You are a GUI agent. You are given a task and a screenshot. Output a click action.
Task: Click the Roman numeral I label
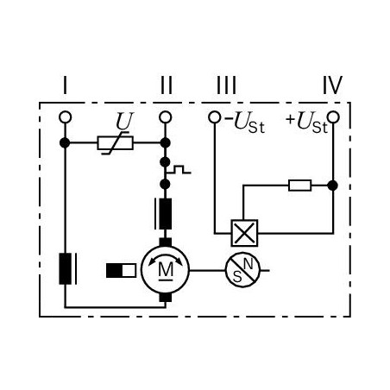click(65, 85)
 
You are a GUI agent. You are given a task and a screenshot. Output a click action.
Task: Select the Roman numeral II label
click(167, 85)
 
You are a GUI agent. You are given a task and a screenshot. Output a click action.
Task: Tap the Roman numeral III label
click(226, 85)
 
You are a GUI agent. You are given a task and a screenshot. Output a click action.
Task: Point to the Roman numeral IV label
click(332, 85)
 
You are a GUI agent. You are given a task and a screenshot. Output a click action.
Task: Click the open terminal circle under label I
click(65, 117)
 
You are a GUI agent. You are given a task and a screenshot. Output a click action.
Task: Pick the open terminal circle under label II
click(165, 117)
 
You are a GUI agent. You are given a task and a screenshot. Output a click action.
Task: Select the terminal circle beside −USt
click(215, 117)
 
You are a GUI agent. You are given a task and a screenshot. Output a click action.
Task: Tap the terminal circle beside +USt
click(333, 117)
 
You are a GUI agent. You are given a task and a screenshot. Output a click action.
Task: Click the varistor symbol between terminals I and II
click(116, 143)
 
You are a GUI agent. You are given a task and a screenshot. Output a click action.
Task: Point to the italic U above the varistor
click(125, 121)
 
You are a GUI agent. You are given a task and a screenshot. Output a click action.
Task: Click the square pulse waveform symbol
click(179, 170)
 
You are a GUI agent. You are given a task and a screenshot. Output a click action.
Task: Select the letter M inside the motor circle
click(166, 270)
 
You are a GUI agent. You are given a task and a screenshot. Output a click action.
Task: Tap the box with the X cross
click(244, 233)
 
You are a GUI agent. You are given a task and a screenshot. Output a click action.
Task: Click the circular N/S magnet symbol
click(242, 270)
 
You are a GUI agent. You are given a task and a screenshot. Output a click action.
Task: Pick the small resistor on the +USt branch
click(299, 186)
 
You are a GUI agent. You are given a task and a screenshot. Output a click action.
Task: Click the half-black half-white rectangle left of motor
click(121, 270)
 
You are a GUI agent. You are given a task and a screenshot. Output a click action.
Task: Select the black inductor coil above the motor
click(165, 214)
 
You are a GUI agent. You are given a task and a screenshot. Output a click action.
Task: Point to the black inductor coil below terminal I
click(66, 269)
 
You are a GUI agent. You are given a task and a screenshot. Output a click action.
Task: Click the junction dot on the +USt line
click(333, 186)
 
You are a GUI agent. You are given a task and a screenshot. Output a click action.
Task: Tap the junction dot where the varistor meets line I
click(65, 142)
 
